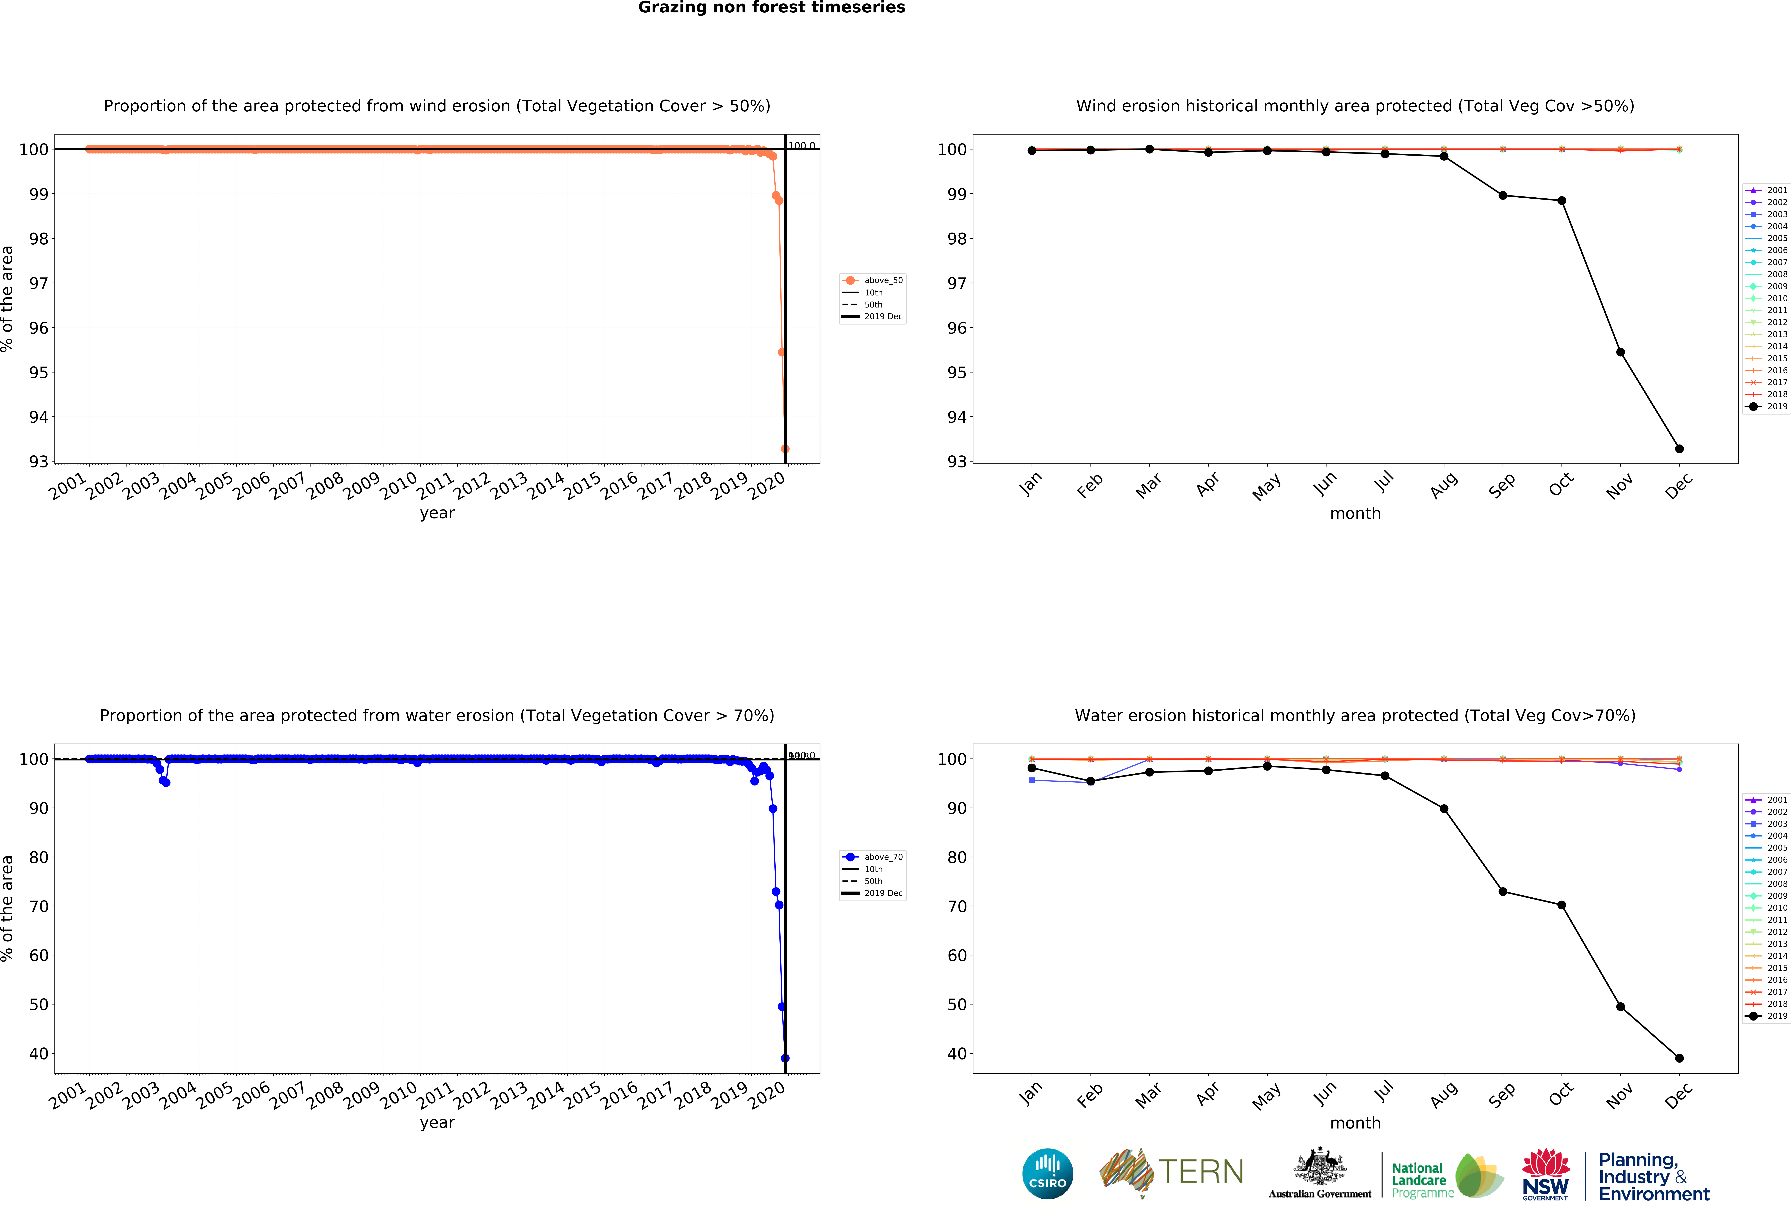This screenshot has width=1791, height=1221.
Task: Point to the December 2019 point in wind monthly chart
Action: (1679, 449)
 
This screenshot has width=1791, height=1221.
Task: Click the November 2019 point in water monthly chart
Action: (1621, 1007)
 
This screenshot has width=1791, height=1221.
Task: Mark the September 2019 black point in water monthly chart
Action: (1503, 892)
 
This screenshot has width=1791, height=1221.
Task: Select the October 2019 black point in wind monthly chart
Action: (1561, 200)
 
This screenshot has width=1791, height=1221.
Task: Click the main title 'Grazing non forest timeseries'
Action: (771, 8)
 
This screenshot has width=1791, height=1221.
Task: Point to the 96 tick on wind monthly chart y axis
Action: (956, 328)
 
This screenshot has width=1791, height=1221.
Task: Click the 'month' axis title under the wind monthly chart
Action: (1355, 513)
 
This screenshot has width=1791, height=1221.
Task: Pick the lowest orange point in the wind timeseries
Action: (785, 449)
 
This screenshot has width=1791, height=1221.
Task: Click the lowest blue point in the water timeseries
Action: (785, 1058)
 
